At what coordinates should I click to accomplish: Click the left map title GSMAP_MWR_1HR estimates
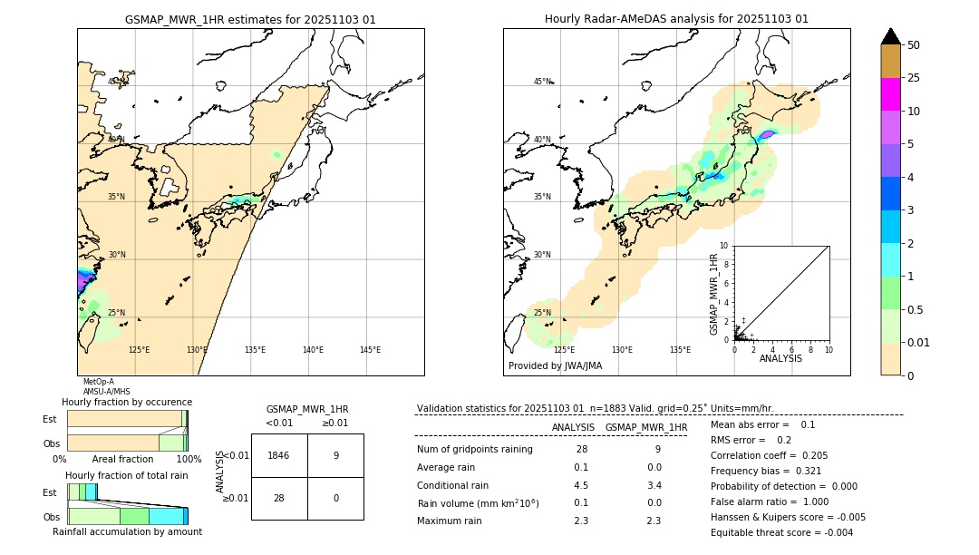pyautogui.click(x=250, y=19)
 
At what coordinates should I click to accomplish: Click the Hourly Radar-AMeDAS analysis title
pyautogui.click(x=676, y=19)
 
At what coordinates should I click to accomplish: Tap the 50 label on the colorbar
pyautogui.click(x=914, y=45)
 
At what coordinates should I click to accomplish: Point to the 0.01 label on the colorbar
pyautogui.click(x=919, y=343)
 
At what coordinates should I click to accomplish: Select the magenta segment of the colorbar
pyautogui.click(x=890, y=94)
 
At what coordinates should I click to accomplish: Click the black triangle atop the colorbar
pyautogui.click(x=890, y=36)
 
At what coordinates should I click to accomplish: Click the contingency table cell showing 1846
pyautogui.click(x=279, y=455)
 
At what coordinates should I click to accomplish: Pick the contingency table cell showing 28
pyautogui.click(x=279, y=499)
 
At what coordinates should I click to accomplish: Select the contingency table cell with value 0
pyautogui.click(x=335, y=499)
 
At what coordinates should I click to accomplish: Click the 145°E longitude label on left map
pyautogui.click(x=370, y=350)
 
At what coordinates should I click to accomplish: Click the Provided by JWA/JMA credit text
pyautogui.click(x=555, y=366)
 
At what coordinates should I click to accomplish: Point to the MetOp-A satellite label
pyautogui.click(x=99, y=382)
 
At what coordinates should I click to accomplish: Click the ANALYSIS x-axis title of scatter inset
pyautogui.click(x=780, y=358)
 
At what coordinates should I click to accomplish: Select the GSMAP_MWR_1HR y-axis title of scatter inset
pyautogui.click(x=713, y=294)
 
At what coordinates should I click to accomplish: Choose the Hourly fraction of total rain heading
pyautogui.click(x=127, y=475)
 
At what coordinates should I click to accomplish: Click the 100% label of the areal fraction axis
pyautogui.click(x=189, y=460)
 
